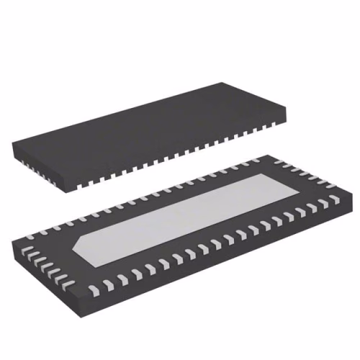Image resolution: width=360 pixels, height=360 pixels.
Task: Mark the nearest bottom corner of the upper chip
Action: (72, 189)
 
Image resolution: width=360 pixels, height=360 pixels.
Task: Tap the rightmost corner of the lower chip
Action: (346, 194)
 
